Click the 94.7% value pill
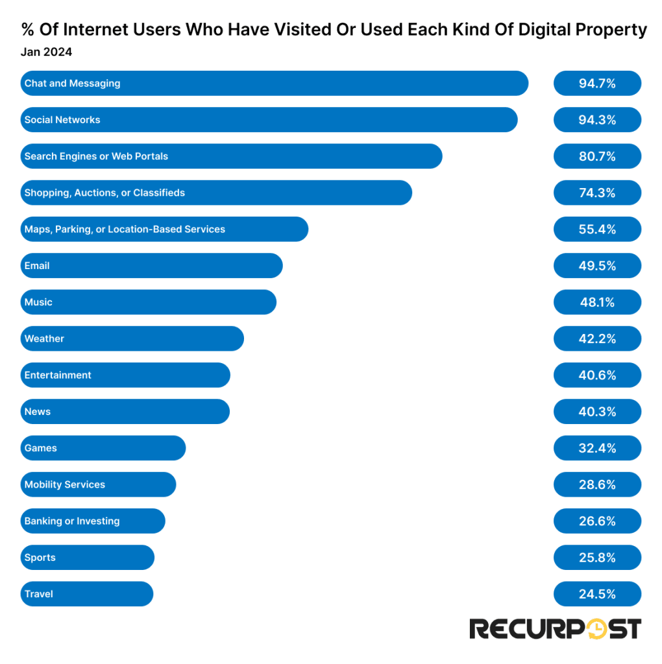[x=596, y=83]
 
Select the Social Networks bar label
[x=62, y=120]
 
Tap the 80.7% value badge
[x=596, y=156]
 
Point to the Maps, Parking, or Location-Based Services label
[x=125, y=229]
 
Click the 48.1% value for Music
[x=596, y=302]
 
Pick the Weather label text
[x=44, y=338]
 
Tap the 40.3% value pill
[x=596, y=412]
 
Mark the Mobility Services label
[x=64, y=484]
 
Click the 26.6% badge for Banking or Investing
[x=596, y=521]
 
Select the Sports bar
[x=87, y=558]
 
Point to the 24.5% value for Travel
[x=596, y=594]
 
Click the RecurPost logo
[x=555, y=628]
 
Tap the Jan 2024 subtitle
[x=46, y=53]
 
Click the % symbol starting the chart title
[x=27, y=30]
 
